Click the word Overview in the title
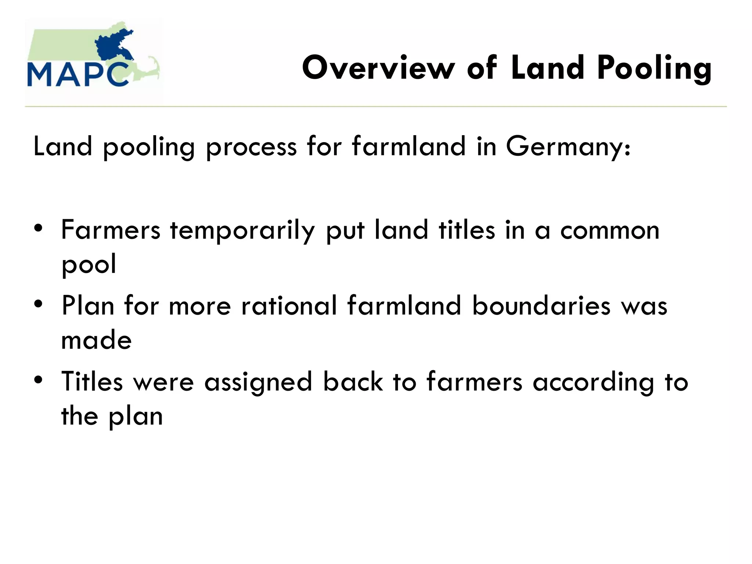[x=378, y=68]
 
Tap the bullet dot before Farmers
[x=38, y=228]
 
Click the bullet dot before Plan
[x=38, y=304]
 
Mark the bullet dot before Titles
[x=38, y=380]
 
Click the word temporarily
[x=242, y=231]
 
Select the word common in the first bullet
[x=610, y=231]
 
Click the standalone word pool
[x=89, y=264]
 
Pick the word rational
[x=289, y=305]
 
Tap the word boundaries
[x=541, y=305]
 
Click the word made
[x=96, y=340]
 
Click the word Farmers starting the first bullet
[x=111, y=230]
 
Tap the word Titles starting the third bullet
[x=92, y=382]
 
